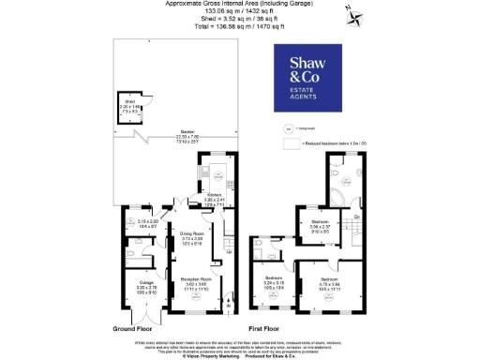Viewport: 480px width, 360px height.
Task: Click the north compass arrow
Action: tap(350, 12)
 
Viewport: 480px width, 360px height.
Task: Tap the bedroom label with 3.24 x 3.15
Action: tap(274, 282)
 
